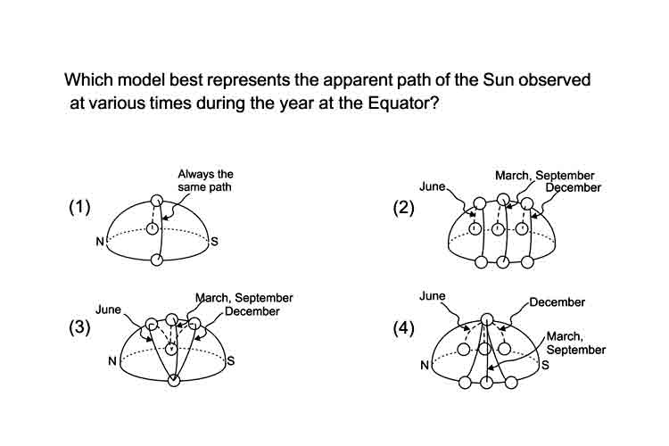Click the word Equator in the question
(x=401, y=103)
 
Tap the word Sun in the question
(x=499, y=79)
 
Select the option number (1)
(x=79, y=207)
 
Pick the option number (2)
(x=403, y=208)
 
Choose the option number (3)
(x=79, y=327)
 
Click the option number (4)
(x=403, y=328)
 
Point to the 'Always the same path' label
(x=205, y=180)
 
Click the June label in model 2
(x=433, y=186)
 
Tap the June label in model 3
(x=108, y=310)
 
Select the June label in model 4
(x=433, y=296)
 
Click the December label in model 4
(x=557, y=302)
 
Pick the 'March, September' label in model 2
(x=544, y=176)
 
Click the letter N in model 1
(x=100, y=242)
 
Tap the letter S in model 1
(x=214, y=242)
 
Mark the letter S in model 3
(x=231, y=361)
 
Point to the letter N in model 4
(x=425, y=366)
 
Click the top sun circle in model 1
(x=157, y=200)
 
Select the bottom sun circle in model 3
(x=174, y=380)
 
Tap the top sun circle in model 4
(x=487, y=319)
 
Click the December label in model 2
(x=573, y=187)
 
